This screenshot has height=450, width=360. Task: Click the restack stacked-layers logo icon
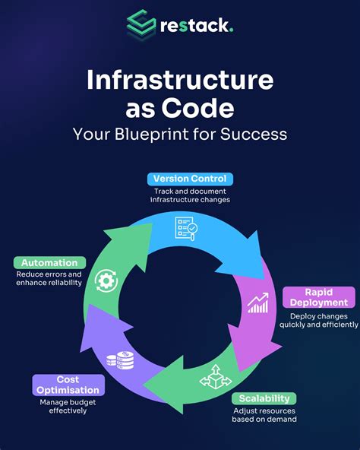[141, 24]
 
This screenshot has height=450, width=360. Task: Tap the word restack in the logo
[197, 26]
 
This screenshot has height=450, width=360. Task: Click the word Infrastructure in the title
[180, 80]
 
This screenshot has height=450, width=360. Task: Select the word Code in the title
[198, 108]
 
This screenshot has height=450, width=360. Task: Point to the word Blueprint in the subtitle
[152, 135]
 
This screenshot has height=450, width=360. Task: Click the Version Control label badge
[190, 179]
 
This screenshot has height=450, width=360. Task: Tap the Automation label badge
[49, 262]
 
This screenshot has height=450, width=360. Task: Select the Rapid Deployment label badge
[319, 297]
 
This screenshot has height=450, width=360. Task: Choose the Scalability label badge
[264, 398]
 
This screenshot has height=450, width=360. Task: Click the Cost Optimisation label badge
[68, 385]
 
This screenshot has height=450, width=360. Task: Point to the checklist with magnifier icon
[186, 229]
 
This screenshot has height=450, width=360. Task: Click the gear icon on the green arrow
[106, 280]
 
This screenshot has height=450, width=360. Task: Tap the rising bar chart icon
[258, 303]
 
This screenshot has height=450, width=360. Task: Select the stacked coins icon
[120, 360]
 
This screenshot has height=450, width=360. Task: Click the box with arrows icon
[216, 377]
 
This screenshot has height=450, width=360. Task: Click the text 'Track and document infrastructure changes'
[190, 195]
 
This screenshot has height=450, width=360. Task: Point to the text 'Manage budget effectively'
[68, 407]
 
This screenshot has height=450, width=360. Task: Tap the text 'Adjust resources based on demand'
[264, 415]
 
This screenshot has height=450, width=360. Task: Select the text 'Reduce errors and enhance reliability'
[49, 278]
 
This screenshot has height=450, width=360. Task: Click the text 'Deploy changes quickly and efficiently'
[319, 320]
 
